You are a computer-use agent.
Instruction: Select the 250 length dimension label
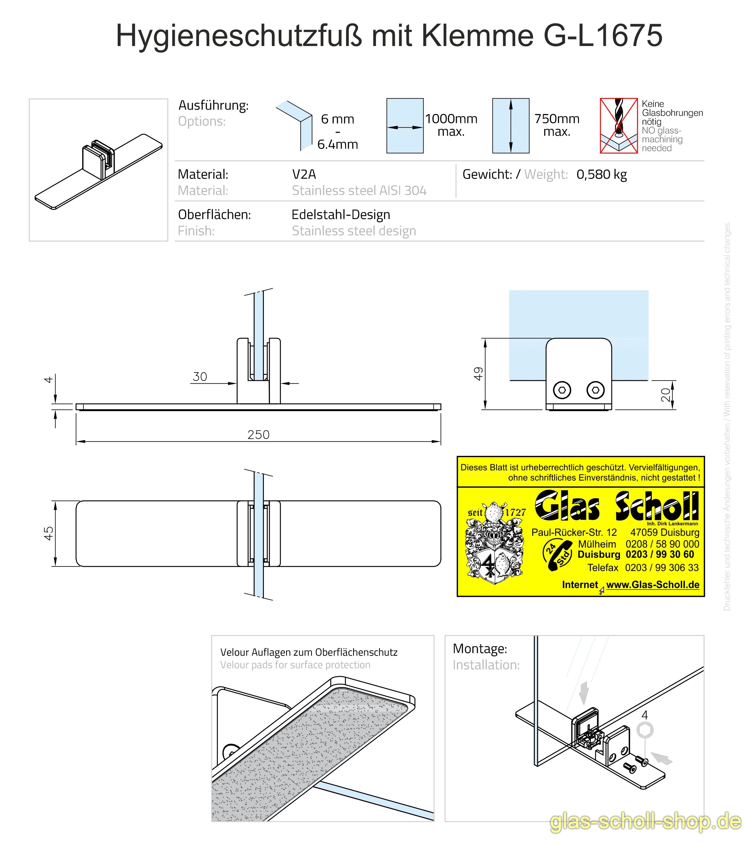259,435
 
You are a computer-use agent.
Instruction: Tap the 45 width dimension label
49,533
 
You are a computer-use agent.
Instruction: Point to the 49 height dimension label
478,373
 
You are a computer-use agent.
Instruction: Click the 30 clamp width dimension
200,376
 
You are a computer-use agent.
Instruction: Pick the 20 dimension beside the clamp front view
666,395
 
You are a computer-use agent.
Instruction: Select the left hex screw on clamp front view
562,390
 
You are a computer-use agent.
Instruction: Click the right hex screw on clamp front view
595,390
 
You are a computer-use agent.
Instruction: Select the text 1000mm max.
451,125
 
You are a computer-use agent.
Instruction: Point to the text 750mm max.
557,125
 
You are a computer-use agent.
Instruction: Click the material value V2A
304,174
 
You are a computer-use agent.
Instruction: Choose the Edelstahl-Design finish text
341,215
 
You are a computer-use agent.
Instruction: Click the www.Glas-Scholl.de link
652,585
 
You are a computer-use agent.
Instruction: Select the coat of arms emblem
495,544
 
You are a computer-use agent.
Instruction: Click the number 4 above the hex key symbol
644,715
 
